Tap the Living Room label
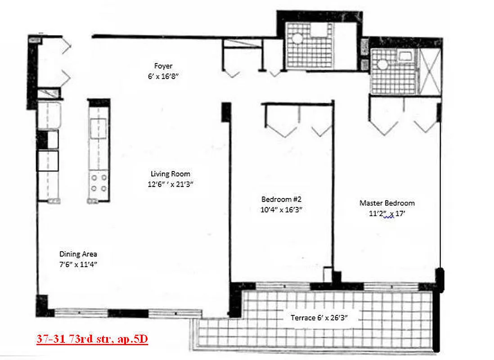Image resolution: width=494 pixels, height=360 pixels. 170,174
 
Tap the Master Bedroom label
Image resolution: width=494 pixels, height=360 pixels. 387,203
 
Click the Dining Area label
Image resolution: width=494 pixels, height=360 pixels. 78,254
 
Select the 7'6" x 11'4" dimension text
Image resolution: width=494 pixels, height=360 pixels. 78,264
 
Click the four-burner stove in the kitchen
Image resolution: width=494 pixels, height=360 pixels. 99,183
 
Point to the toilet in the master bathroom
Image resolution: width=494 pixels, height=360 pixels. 384,64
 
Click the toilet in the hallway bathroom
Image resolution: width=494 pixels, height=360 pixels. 297,39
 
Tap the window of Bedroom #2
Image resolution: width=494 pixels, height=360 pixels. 282,286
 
